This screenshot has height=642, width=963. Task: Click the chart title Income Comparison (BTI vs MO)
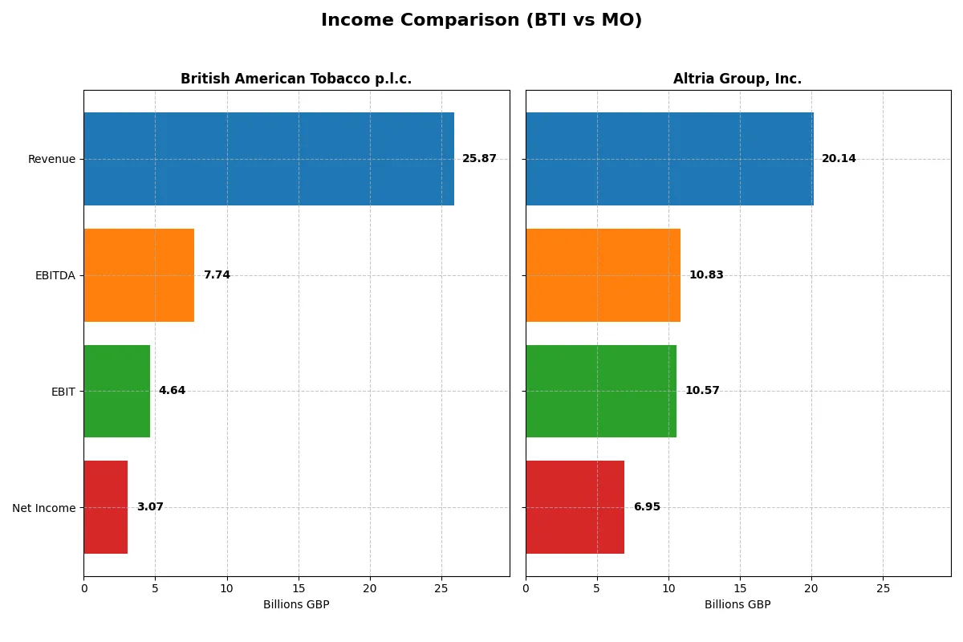pyautogui.click(x=481, y=21)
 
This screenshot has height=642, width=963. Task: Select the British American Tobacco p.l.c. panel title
pyautogui.click(x=295, y=79)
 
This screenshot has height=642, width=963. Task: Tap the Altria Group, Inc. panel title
pyautogui.click(x=737, y=79)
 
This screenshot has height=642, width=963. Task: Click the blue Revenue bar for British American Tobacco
pyautogui.click(x=269, y=159)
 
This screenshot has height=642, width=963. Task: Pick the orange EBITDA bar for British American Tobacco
pyautogui.click(x=139, y=275)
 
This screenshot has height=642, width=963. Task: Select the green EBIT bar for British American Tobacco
pyautogui.click(x=117, y=392)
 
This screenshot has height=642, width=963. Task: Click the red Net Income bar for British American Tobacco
pyautogui.click(x=106, y=507)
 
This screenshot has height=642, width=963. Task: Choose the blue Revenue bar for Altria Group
pyautogui.click(x=669, y=159)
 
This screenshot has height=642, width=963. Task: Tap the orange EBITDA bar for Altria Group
pyautogui.click(x=603, y=275)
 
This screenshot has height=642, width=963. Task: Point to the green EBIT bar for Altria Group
pyautogui.click(x=601, y=392)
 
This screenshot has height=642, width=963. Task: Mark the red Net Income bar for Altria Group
pyautogui.click(x=575, y=507)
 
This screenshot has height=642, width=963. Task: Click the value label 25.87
pyautogui.click(x=479, y=159)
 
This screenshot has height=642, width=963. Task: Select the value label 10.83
pyautogui.click(x=706, y=275)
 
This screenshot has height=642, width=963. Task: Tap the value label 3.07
pyautogui.click(x=150, y=507)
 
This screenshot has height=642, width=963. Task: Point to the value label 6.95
pyautogui.click(x=647, y=507)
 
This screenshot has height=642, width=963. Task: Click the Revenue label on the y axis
pyautogui.click(x=51, y=159)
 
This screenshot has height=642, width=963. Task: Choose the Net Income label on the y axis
pyautogui.click(x=44, y=508)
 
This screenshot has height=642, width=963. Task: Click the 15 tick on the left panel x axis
pyautogui.click(x=299, y=589)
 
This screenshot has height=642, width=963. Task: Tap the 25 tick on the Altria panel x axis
pyautogui.click(x=883, y=589)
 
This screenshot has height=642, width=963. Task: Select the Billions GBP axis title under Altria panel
pyautogui.click(x=737, y=605)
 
